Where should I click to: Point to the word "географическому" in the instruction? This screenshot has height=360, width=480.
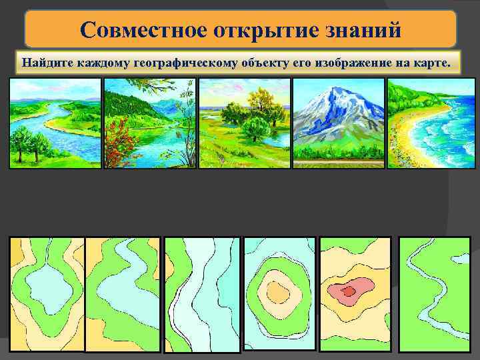pos(184,63)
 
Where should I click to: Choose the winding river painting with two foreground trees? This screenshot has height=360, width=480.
pos(55,123)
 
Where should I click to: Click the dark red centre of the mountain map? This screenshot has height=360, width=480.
pos(349,291)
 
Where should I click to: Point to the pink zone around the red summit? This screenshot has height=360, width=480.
pos(337,288)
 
